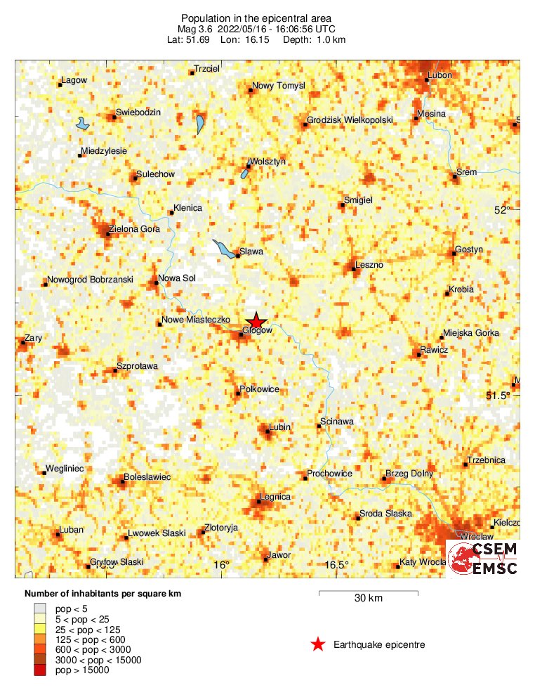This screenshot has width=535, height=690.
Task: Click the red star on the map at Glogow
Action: click(256, 320)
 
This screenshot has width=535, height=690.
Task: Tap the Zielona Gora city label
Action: click(134, 229)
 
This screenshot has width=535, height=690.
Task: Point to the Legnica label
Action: click(275, 497)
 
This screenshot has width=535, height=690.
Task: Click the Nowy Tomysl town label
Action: click(279, 86)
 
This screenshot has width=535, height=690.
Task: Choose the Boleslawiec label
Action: click(147, 477)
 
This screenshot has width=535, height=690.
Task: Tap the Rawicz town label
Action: click(434, 350)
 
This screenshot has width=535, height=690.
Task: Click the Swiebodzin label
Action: click(138, 112)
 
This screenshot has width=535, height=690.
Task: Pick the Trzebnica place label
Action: click(487, 460)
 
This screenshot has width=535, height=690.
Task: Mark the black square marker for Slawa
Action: click(238, 256)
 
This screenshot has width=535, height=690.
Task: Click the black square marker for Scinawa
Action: click(319, 426)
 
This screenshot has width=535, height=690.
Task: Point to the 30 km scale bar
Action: click(369, 594)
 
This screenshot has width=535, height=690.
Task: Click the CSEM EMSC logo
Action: click(484, 559)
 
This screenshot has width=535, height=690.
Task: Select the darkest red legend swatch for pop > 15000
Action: click(40, 671)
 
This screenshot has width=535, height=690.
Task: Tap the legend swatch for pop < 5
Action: click(40, 608)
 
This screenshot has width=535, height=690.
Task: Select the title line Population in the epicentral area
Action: click(256, 18)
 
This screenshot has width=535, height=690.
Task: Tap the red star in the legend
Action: click(318, 644)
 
